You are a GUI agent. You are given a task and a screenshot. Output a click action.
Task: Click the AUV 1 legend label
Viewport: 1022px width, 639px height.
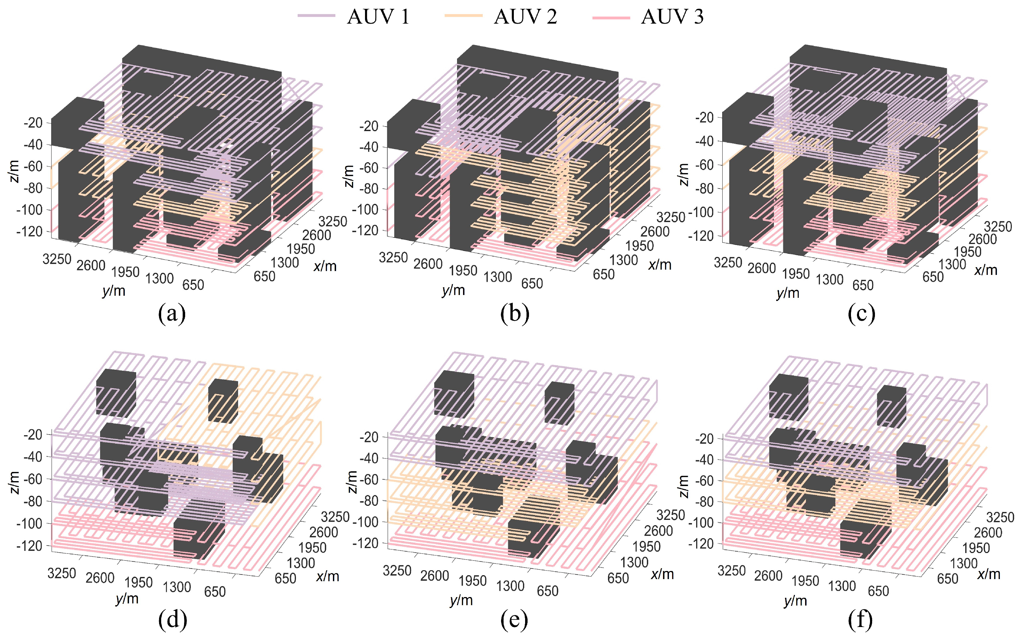pos(378,17)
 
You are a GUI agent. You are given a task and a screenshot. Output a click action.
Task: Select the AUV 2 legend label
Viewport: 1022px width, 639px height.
pos(525,17)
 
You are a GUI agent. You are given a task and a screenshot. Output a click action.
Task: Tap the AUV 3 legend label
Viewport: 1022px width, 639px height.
pos(672,17)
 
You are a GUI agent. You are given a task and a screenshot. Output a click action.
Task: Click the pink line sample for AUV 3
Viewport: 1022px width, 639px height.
pos(611,17)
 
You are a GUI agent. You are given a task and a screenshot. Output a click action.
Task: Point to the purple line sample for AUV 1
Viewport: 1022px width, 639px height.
pos(316,16)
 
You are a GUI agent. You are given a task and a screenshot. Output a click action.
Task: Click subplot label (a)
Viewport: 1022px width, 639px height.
pos(172,314)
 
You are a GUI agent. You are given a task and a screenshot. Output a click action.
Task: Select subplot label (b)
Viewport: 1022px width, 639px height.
pos(515,314)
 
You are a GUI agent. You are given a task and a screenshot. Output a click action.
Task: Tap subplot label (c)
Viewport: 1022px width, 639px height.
pos(861,314)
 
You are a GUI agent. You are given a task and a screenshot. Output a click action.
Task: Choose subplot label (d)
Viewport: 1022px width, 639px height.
pos(172,620)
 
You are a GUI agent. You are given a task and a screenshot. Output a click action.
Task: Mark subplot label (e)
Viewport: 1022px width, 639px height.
pos(514,620)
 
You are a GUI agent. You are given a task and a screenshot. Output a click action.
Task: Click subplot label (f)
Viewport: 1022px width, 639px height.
pos(860,620)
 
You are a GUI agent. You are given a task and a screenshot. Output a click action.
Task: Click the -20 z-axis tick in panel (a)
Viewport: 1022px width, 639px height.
pos(33,123)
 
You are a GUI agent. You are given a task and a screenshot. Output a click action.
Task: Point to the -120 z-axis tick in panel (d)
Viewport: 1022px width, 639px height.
pos(29,546)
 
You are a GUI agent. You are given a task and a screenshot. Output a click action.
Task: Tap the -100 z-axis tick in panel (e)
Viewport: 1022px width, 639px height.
pos(366,522)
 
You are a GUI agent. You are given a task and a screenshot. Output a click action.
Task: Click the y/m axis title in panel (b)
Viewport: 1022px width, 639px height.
pos(453,290)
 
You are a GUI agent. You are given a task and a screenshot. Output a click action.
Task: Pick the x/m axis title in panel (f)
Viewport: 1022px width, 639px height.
pos(988,575)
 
